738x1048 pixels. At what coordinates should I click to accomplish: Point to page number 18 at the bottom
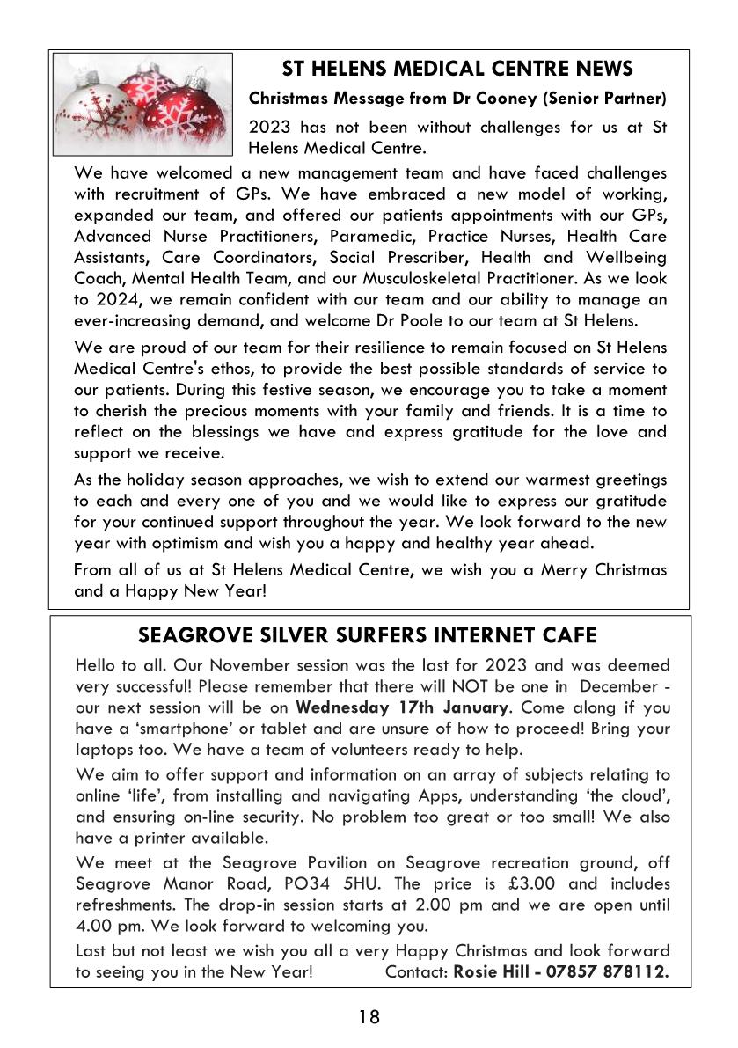pos(369,1018)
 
